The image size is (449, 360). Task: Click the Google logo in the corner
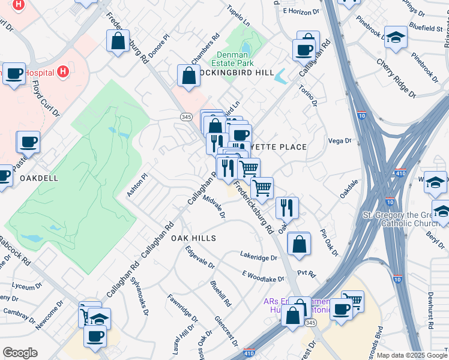point(20,352)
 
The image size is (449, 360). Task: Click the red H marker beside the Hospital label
point(62,73)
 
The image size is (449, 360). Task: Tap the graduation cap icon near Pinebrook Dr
point(396,38)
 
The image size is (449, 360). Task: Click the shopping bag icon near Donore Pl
point(118,41)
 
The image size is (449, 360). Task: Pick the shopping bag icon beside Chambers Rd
point(188,76)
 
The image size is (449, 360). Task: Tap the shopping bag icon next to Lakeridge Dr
point(298,244)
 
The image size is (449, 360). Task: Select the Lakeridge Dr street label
point(259,257)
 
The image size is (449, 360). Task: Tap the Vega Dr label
point(340,140)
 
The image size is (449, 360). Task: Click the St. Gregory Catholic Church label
point(405,219)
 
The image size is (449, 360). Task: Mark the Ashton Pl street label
point(136,185)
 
